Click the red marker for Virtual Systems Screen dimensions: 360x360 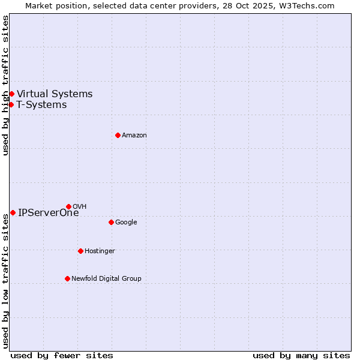coord(11,94)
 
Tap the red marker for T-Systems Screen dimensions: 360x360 coord(11,104)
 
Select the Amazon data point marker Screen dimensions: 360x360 coord(118,135)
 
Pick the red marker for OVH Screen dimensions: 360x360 coord(68,206)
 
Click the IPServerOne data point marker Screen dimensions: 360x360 coord(13,212)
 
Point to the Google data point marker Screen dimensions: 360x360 coord(111,222)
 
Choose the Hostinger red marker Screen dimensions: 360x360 coord(80,251)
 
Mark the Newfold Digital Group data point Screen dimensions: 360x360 coord(67,278)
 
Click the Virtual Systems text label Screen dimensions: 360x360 coord(55,94)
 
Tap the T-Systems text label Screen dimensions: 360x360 coord(41,104)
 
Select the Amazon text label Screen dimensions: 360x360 coord(134,135)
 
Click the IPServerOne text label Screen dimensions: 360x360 coord(48,212)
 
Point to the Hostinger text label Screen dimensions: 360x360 coord(100,251)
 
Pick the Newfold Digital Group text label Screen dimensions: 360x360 coord(106,278)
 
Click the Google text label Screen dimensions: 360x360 coord(126,222)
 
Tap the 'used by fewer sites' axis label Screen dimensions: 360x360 coord(62,355)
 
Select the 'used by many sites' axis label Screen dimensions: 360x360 coord(301,355)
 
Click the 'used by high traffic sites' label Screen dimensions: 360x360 coord(5,85)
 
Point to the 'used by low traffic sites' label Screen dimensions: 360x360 coord(5,281)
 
